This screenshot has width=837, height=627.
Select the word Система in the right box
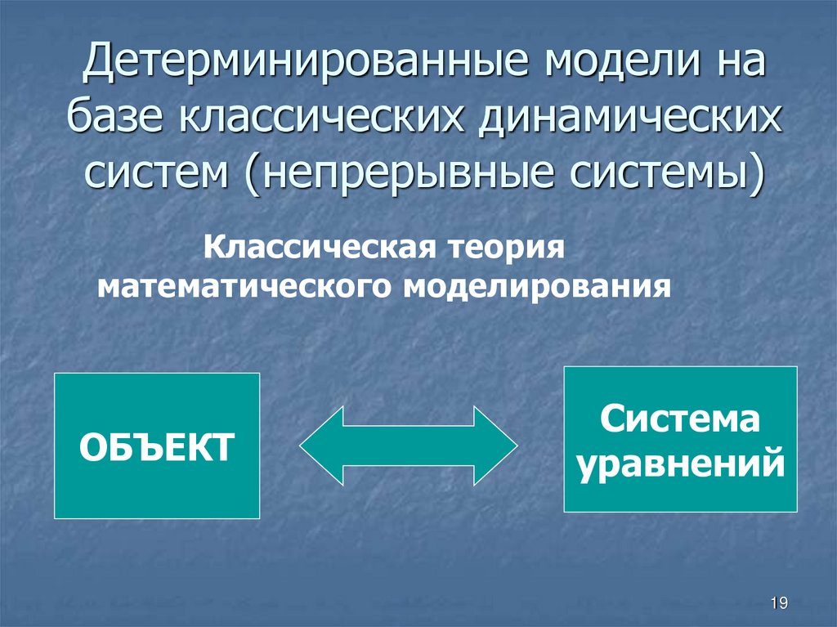tap(680, 423)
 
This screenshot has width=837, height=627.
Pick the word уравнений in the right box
tap(680, 465)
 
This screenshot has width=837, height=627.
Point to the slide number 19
tap(778, 603)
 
